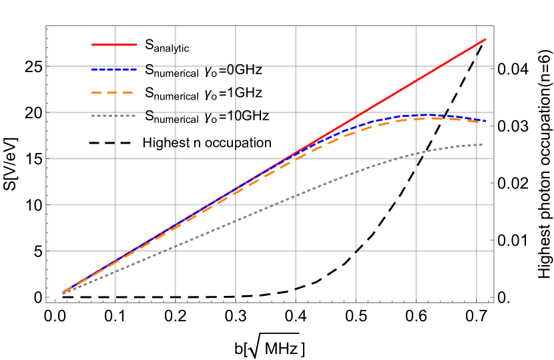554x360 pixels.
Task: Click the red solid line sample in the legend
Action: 114,45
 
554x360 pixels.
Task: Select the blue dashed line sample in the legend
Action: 114,69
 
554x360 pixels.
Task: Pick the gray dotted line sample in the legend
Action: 114,116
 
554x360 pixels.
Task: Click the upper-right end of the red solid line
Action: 486,39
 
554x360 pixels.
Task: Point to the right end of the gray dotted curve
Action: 483,144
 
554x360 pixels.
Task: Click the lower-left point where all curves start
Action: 63,293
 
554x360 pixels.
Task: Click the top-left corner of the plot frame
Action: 46,26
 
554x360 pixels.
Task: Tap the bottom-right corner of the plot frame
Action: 494,303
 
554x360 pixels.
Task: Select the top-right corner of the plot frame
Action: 494,26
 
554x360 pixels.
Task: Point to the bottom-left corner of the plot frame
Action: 46,303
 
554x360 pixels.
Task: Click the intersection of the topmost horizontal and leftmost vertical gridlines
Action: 115,67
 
